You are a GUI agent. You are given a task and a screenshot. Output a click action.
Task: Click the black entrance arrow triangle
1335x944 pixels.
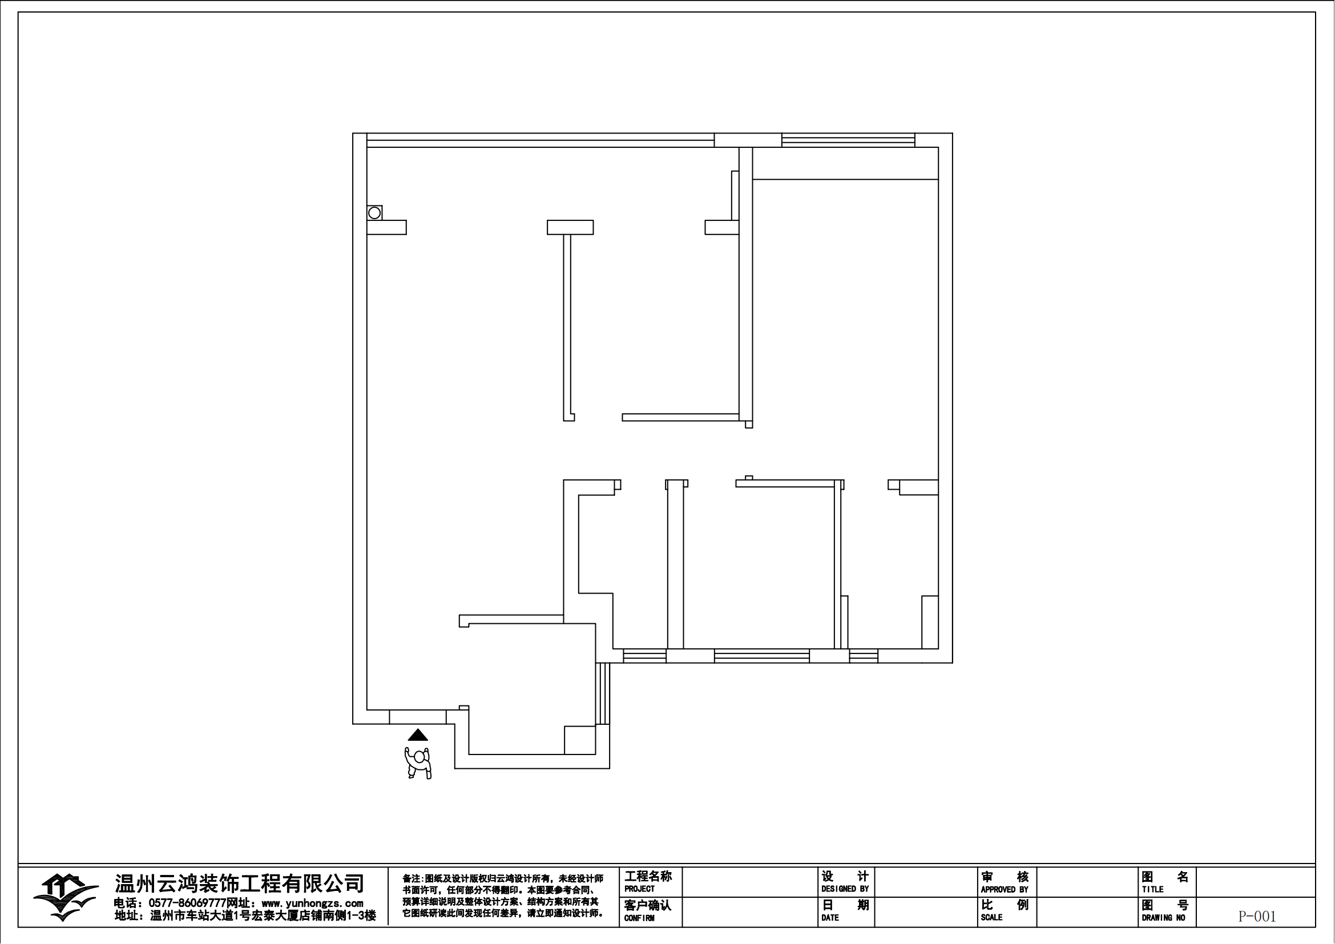click(417, 735)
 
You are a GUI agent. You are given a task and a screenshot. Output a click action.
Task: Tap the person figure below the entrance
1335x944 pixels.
click(418, 763)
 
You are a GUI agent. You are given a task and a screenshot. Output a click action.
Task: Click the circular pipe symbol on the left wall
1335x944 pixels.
click(374, 213)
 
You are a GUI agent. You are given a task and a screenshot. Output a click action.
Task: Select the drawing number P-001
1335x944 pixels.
click(1256, 917)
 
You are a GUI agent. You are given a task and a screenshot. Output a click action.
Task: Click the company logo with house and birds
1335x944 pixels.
click(65, 897)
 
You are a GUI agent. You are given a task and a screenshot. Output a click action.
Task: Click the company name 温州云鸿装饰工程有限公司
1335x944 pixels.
click(240, 884)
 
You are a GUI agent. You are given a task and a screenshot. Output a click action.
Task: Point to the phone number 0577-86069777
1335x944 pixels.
click(187, 903)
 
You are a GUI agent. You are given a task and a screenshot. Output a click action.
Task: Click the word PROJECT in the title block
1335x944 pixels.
click(640, 889)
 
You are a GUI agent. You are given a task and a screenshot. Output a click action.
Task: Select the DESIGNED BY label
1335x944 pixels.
click(845, 889)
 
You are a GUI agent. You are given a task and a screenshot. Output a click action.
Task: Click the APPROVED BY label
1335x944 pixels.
click(1005, 890)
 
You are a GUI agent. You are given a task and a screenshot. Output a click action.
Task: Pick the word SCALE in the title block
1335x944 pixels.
click(991, 918)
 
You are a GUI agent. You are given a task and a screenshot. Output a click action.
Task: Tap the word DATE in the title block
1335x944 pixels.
click(830, 918)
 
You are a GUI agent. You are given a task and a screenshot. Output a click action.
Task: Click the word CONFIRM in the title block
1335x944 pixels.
click(640, 918)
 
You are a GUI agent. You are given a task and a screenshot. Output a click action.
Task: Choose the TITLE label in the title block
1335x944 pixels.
click(1152, 889)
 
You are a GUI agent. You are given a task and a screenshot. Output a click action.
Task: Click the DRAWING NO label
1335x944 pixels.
click(1163, 918)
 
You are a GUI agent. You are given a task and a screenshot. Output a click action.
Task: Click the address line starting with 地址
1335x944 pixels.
click(245, 916)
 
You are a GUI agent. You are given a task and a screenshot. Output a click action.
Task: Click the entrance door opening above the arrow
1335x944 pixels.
click(417, 717)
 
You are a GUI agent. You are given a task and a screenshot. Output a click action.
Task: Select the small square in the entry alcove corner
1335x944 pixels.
click(580, 740)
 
